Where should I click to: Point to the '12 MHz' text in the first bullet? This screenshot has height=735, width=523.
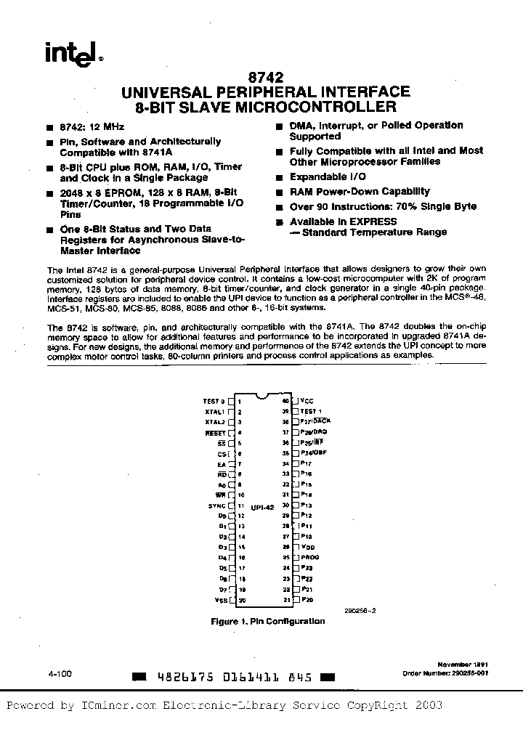point(98,126)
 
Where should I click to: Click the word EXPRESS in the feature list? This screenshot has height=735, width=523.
point(373,222)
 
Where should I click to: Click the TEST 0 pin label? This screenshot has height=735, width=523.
point(214,400)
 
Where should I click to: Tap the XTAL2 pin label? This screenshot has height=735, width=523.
point(215,421)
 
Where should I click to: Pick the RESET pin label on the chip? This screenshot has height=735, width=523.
point(216,432)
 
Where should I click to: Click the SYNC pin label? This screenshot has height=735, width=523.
point(216,505)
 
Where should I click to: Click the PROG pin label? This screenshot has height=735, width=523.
point(310,557)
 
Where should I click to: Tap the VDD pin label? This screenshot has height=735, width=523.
point(308,546)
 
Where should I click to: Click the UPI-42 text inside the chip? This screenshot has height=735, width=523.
point(261,505)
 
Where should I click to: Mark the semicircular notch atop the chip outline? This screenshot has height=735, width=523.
point(262,397)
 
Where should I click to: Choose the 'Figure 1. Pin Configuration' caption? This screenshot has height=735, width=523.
point(267,621)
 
